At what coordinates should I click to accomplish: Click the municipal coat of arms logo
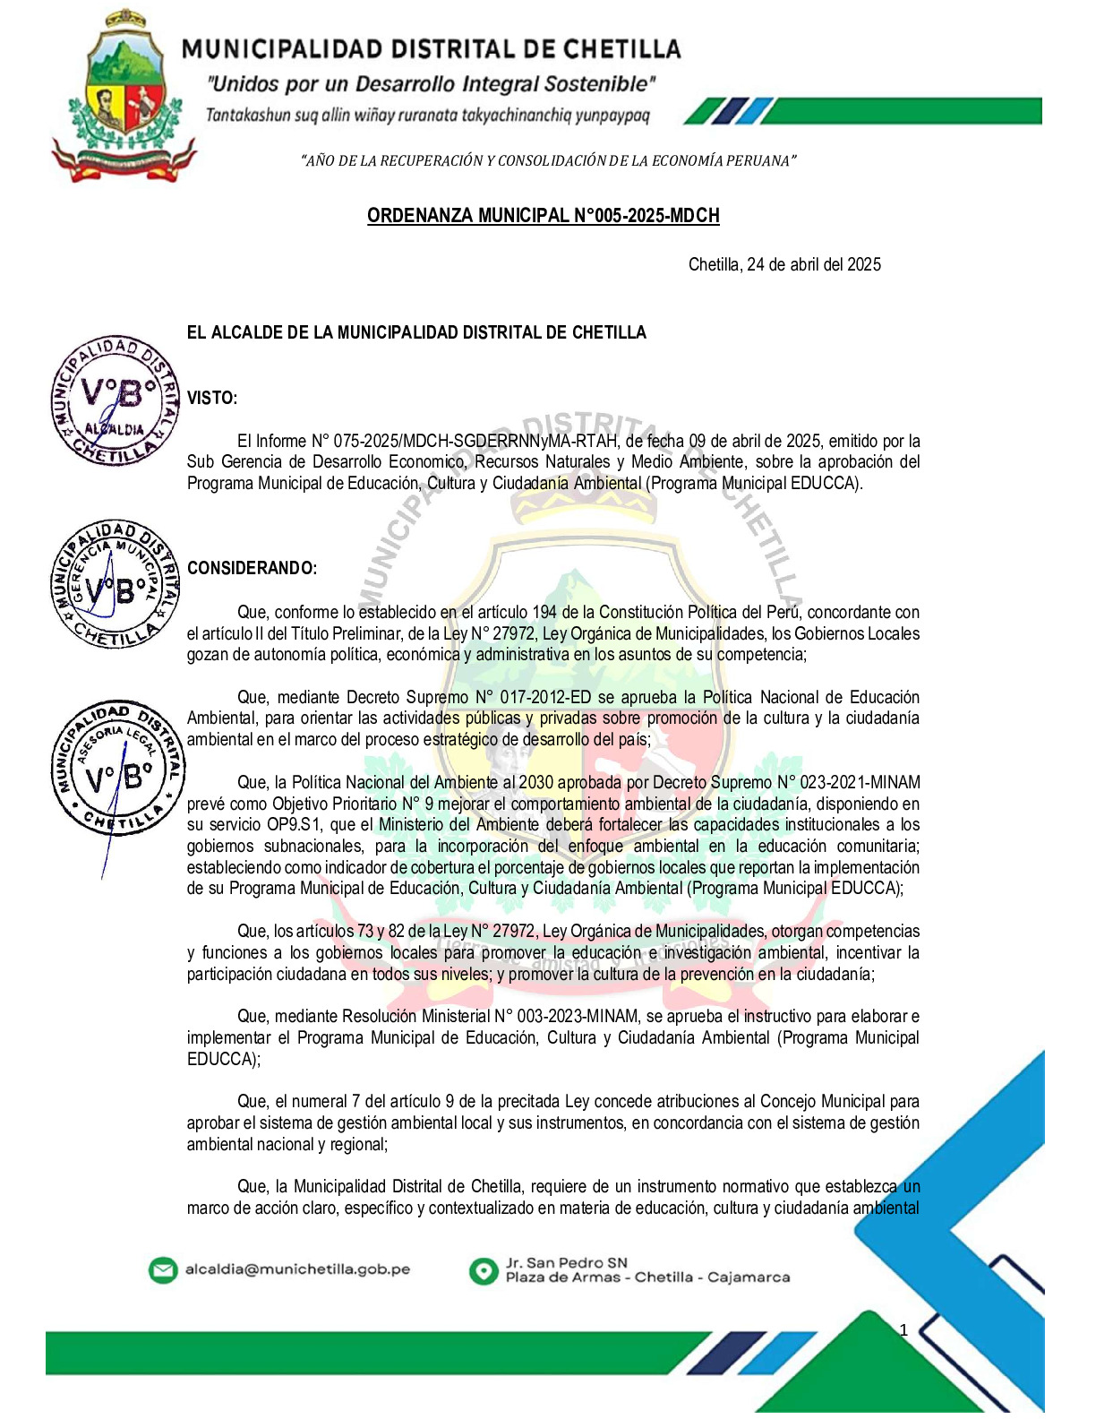pyautogui.click(x=123, y=97)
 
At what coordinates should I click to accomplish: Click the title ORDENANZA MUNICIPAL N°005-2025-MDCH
pyautogui.click(x=543, y=216)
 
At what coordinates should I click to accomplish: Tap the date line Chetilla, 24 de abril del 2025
pyautogui.click(x=784, y=264)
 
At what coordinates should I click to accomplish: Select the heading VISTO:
pyautogui.click(x=212, y=399)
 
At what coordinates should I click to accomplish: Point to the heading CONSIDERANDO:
pyautogui.click(x=252, y=568)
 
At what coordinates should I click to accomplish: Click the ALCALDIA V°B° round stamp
pyautogui.click(x=115, y=401)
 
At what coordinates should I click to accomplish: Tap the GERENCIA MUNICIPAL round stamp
pyautogui.click(x=115, y=583)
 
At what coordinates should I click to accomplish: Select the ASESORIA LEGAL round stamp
pyautogui.click(x=117, y=767)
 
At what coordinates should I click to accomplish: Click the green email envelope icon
pyautogui.click(x=162, y=1270)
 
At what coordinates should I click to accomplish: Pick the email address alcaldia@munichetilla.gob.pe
pyautogui.click(x=297, y=1269)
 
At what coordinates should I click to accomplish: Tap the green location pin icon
pyautogui.click(x=484, y=1270)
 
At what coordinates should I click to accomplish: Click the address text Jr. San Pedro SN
pyautogui.click(x=567, y=1262)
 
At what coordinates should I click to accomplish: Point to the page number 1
pyautogui.click(x=903, y=1329)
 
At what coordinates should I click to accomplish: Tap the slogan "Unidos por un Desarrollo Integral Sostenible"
pyautogui.click(x=431, y=85)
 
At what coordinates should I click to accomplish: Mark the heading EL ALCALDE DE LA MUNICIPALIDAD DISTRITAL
pyautogui.click(x=416, y=332)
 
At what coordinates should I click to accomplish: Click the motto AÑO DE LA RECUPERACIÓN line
pyautogui.click(x=548, y=161)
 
